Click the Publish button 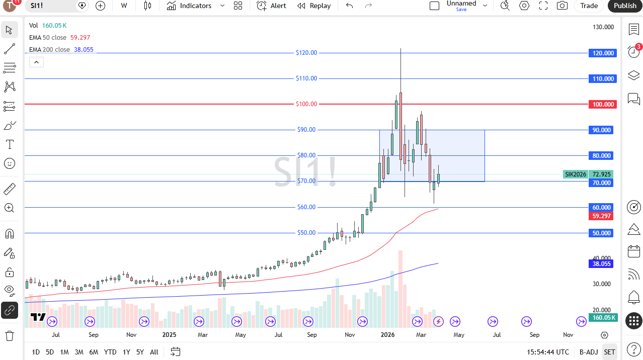click(x=625, y=6)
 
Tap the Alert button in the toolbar click(x=271, y=6)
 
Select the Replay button click(x=314, y=6)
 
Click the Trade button click(x=589, y=6)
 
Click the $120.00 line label click(x=306, y=53)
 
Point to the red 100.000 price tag click(x=602, y=104)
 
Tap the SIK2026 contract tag click(x=576, y=174)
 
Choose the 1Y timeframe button click(x=126, y=352)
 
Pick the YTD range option click(x=110, y=352)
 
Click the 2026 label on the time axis click(x=387, y=335)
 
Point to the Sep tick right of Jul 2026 click(x=534, y=335)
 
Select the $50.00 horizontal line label click(x=306, y=233)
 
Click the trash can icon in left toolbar click(x=10, y=335)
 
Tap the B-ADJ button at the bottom click(x=588, y=352)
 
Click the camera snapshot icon click(x=562, y=6)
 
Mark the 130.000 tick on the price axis click(x=603, y=27)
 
